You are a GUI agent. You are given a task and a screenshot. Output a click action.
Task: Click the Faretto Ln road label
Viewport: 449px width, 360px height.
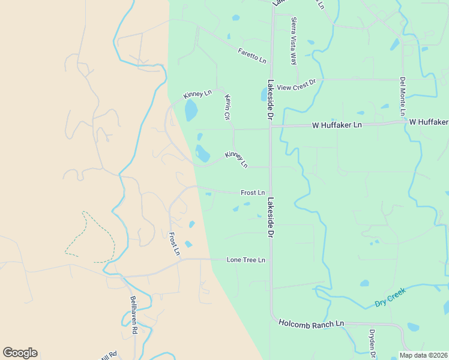pos(252,56)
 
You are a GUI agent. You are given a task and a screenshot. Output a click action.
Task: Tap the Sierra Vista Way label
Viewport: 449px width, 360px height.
pos(294,41)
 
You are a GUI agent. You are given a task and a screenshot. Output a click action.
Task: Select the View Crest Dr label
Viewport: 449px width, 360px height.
pos(296,85)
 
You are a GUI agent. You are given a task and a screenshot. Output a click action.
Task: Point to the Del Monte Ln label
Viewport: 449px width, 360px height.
pos(403,96)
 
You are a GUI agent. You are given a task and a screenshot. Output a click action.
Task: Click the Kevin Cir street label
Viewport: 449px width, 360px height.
pos(228,106)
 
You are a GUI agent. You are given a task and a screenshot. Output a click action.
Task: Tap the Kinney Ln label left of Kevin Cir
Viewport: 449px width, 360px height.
pos(197,94)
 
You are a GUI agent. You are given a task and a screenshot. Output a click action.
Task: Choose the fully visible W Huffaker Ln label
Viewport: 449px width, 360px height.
pos(337,125)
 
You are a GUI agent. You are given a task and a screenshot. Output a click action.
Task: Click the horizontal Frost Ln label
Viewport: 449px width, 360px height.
pos(253,193)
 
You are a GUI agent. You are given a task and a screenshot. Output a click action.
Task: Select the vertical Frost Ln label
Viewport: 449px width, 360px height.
pos(174,244)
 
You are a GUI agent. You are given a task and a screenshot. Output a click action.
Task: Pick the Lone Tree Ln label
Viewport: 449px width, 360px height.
pos(246,260)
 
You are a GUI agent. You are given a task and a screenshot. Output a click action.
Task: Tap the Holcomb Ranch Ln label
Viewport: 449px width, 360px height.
pos(312,323)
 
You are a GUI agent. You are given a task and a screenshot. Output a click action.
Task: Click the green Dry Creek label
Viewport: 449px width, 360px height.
pos(390,296)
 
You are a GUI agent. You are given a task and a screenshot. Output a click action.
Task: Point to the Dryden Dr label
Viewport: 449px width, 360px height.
pos(372,344)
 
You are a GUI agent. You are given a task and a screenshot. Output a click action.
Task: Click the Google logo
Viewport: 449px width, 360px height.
pos(20,353)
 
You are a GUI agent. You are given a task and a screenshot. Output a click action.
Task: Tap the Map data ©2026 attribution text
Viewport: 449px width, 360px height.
pos(423,355)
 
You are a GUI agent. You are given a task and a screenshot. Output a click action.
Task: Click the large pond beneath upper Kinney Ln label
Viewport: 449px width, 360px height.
pos(191,110)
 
